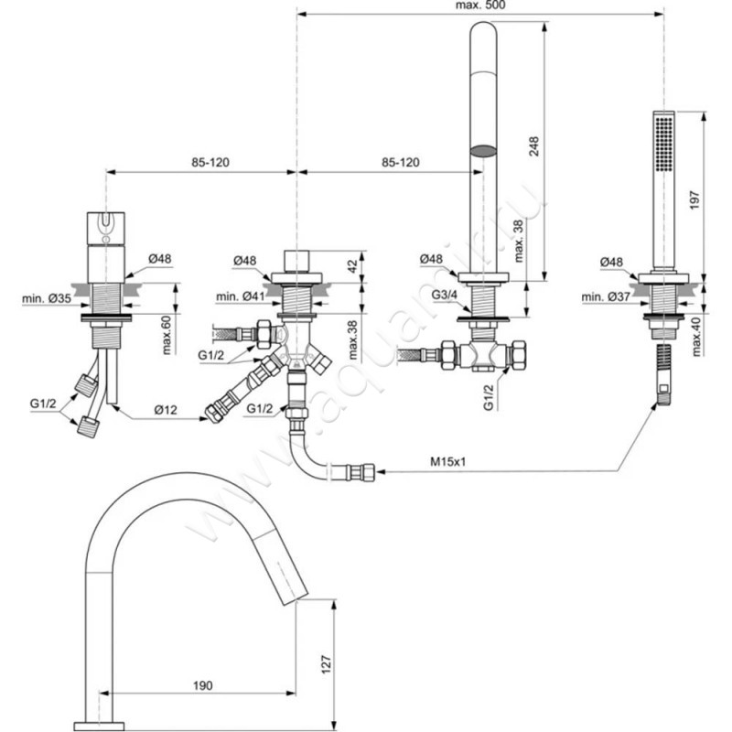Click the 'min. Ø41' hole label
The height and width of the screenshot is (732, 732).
click(239, 296)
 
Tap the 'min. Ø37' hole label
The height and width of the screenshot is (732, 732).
click(607, 297)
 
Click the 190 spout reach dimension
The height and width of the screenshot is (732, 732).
click(203, 682)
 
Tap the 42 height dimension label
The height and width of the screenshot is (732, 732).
click(351, 265)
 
